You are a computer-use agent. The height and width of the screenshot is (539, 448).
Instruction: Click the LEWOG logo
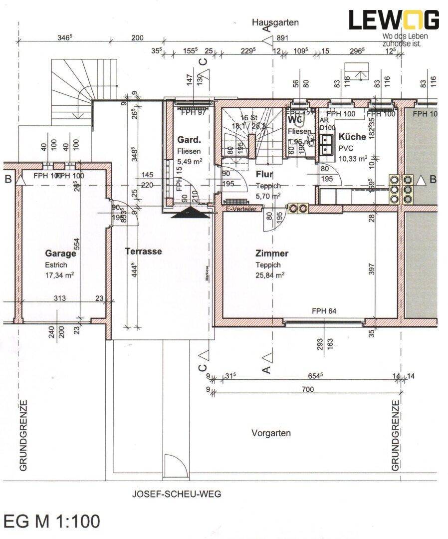point(394,20)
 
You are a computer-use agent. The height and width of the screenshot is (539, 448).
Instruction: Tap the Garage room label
point(60,254)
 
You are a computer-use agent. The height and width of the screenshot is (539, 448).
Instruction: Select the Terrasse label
point(143,252)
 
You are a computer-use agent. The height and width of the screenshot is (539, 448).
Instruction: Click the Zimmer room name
point(272,254)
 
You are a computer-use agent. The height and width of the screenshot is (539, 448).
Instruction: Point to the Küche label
point(352,137)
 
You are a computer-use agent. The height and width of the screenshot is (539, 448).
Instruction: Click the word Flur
point(264,174)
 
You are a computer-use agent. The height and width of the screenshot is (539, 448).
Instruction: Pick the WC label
point(294,120)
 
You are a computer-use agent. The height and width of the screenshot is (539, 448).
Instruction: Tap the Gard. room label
point(189,140)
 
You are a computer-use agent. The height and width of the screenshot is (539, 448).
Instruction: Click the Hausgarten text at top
point(275,22)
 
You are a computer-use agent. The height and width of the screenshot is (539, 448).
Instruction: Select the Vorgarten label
point(271,433)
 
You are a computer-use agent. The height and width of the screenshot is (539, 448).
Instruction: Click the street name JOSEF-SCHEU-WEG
point(176,495)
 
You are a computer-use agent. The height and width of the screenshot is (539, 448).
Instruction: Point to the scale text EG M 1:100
point(52,522)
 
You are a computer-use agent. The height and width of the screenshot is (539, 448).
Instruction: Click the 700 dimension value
point(307,389)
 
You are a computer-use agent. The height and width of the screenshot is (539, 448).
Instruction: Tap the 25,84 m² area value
point(270,274)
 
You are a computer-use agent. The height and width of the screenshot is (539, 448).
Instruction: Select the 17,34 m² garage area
point(60,274)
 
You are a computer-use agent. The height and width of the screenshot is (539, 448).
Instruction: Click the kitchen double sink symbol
point(327,144)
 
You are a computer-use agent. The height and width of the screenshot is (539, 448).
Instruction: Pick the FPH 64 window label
point(324,311)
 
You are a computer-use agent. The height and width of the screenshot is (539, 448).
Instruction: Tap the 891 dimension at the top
point(282,38)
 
